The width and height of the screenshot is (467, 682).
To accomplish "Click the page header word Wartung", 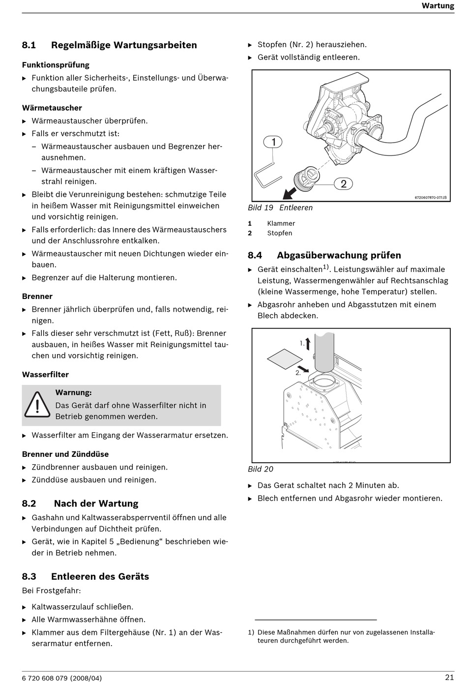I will pyautogui.click(x=438, y=6).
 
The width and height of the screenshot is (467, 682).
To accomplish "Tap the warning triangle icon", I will pyautogui.click(x=37, y=405).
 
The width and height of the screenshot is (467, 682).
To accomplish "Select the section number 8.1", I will pyautogui.click(x=29, y=45).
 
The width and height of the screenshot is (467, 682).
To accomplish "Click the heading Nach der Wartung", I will pyautogui.click(x=96, y=504).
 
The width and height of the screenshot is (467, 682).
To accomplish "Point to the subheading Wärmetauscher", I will pyautogui.click(x=52, y=108).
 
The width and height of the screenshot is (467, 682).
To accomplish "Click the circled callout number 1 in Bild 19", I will pyautogui.click(x=273, y=142).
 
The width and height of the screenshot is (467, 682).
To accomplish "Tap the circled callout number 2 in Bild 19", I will pyautogui.click(x=343, y=184).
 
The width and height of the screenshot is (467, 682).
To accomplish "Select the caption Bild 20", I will pyautogui.click(x=261, y=469).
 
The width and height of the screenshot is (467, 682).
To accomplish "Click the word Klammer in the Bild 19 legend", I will pyautogui.click(x=281, y=223).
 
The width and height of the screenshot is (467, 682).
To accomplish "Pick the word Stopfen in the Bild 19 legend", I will pyautogui.click(x=280, y=233).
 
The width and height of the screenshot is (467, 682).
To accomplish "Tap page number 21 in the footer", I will pyautogui.click(x=449, y=677).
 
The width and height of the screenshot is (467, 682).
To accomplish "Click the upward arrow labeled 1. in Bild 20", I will pyautogui.click(x=308, y=344).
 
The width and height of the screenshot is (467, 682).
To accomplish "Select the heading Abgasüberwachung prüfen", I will pyautogui.click(x=339, y=255).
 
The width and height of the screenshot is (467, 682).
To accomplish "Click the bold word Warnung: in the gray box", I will pyautogui.click(x=74, y=392).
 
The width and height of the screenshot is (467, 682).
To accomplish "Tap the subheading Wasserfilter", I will pyautogui.click(x=45, y=374).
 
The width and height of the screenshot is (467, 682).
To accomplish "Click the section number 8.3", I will pyautogui.click(x=29, y=576).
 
